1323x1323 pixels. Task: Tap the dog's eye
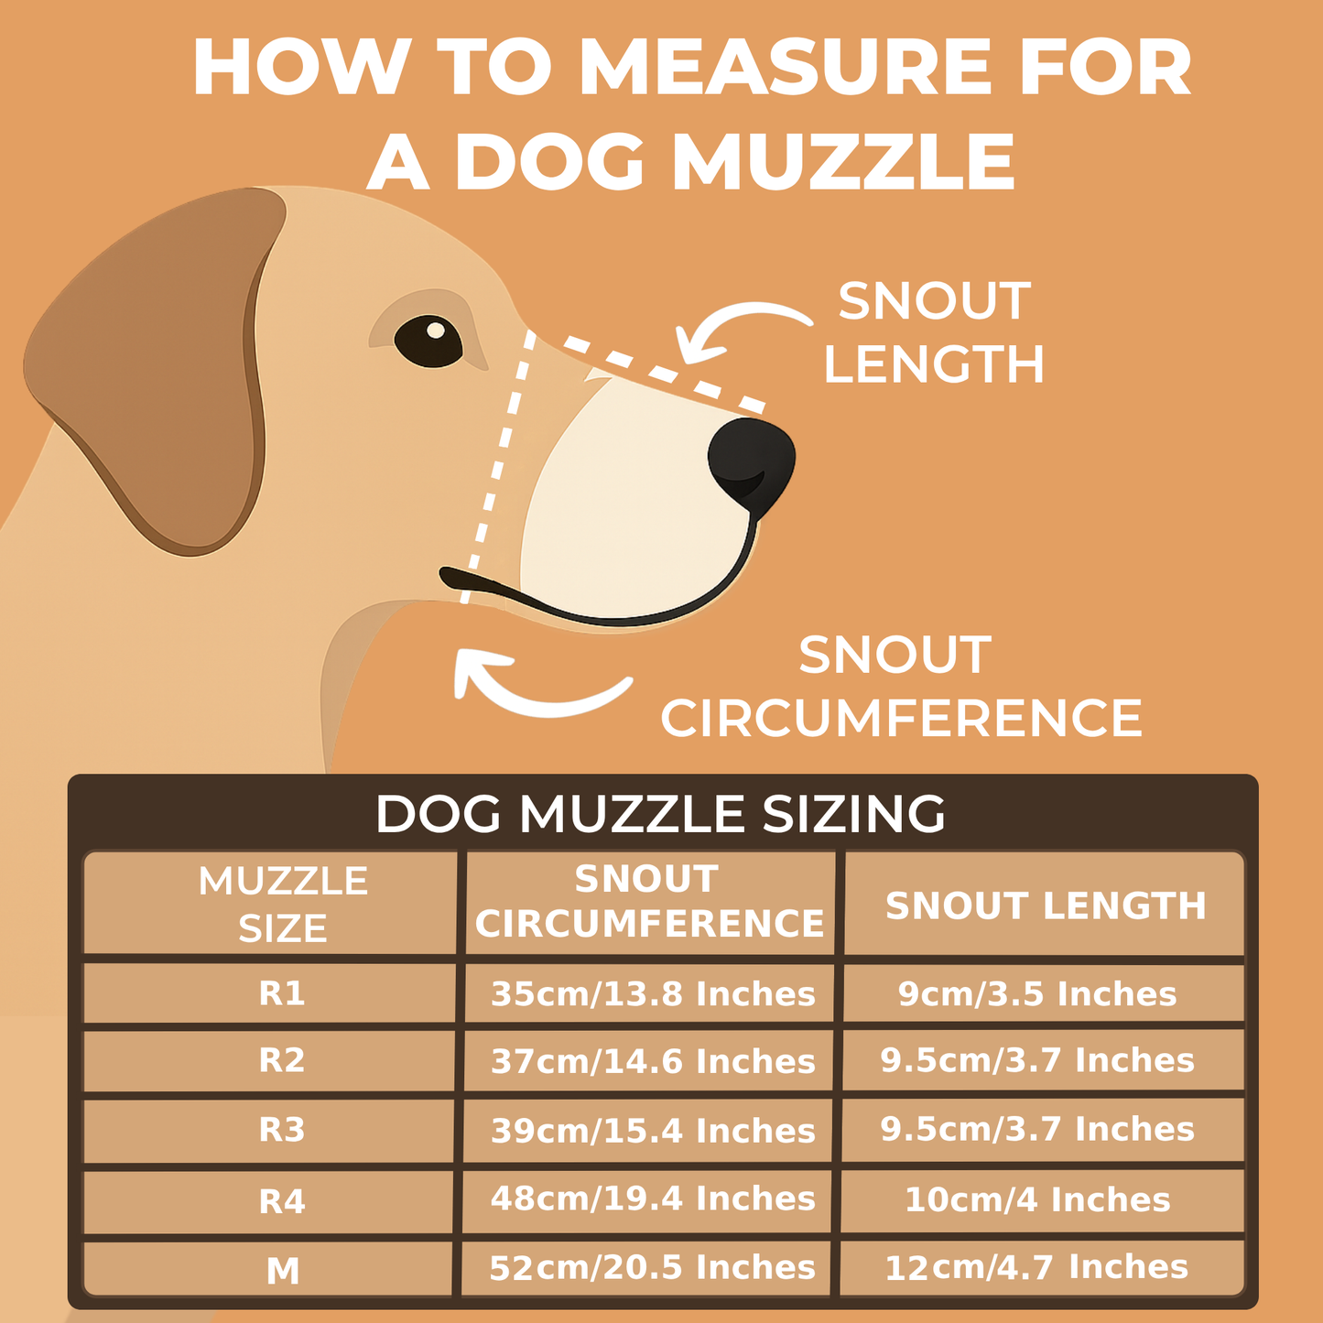(428, 340)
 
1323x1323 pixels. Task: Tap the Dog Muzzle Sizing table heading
(660, 813)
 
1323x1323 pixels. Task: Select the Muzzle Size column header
(283, 905)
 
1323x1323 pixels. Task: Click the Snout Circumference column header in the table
(649, 902)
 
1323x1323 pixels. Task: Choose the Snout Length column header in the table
(1046, 905)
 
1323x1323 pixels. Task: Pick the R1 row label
(282, 993)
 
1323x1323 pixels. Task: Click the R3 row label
(282, 1130)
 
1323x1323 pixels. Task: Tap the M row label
(283, 1270)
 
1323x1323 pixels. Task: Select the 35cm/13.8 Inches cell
(653, 993)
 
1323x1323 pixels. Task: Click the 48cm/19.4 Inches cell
(653, 1198)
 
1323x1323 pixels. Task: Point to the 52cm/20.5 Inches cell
(652, 1267)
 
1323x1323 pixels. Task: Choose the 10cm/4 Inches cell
(1037, 1199)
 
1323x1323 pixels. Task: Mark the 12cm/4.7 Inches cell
(1036, 1267)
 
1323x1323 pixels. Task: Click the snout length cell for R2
(1037, 1060)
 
